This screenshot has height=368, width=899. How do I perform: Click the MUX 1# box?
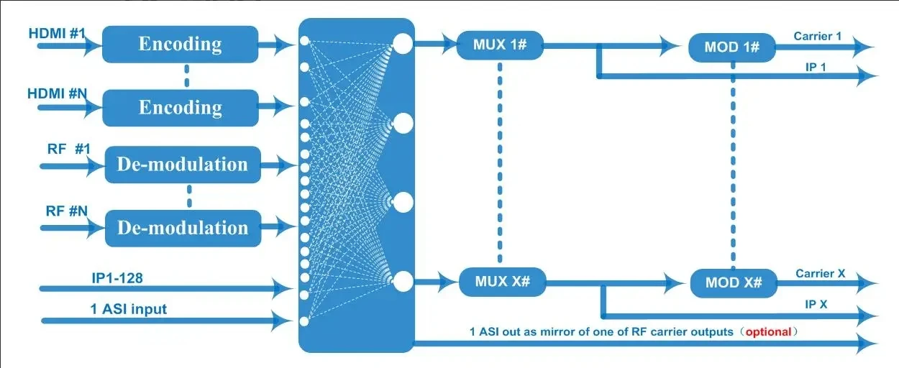pyautogui.click(x=500, y=45)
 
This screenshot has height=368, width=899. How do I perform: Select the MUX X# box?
pyautogui.click(x=501, y=281)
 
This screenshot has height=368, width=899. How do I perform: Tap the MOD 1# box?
pyautogui.click(x=732, y=47)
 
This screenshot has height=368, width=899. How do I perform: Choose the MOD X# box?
pyautogui.click(x=733, y=282)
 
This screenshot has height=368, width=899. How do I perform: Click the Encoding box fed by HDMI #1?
pyautogui.click(x=180, y=44)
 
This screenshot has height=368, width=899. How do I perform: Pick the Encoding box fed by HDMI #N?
pyautogui.click(x=180, y=107)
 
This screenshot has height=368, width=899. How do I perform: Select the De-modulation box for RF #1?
pyautogui.click(x=182, y=165)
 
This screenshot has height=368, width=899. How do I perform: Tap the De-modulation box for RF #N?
pyautogui.click(x=182, y=228)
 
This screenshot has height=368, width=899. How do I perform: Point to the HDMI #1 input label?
pyautogui.click(x=57, y=34)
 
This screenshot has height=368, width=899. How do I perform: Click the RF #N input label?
pyautogui.click(x=67, y=211)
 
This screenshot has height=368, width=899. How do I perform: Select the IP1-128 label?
pyautogui.click(x=114, y=276)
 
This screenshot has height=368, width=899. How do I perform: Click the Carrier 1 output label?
pyautogui.click(x=818, y=35)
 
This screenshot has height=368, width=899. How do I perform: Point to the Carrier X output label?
pyautogui.click(x=820, y=274)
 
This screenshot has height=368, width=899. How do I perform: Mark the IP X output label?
pyautogui.click(x=816, y=305)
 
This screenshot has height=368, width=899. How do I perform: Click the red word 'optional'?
pyautogui.click(x=768, y=332)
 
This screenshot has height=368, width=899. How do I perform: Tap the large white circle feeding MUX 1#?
pyautogui.click(x=403, y=44)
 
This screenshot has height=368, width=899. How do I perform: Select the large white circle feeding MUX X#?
pyautogui.click(x=403, y=280)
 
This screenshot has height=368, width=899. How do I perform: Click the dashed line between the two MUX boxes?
pyautogui.click(x=500, y=162)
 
